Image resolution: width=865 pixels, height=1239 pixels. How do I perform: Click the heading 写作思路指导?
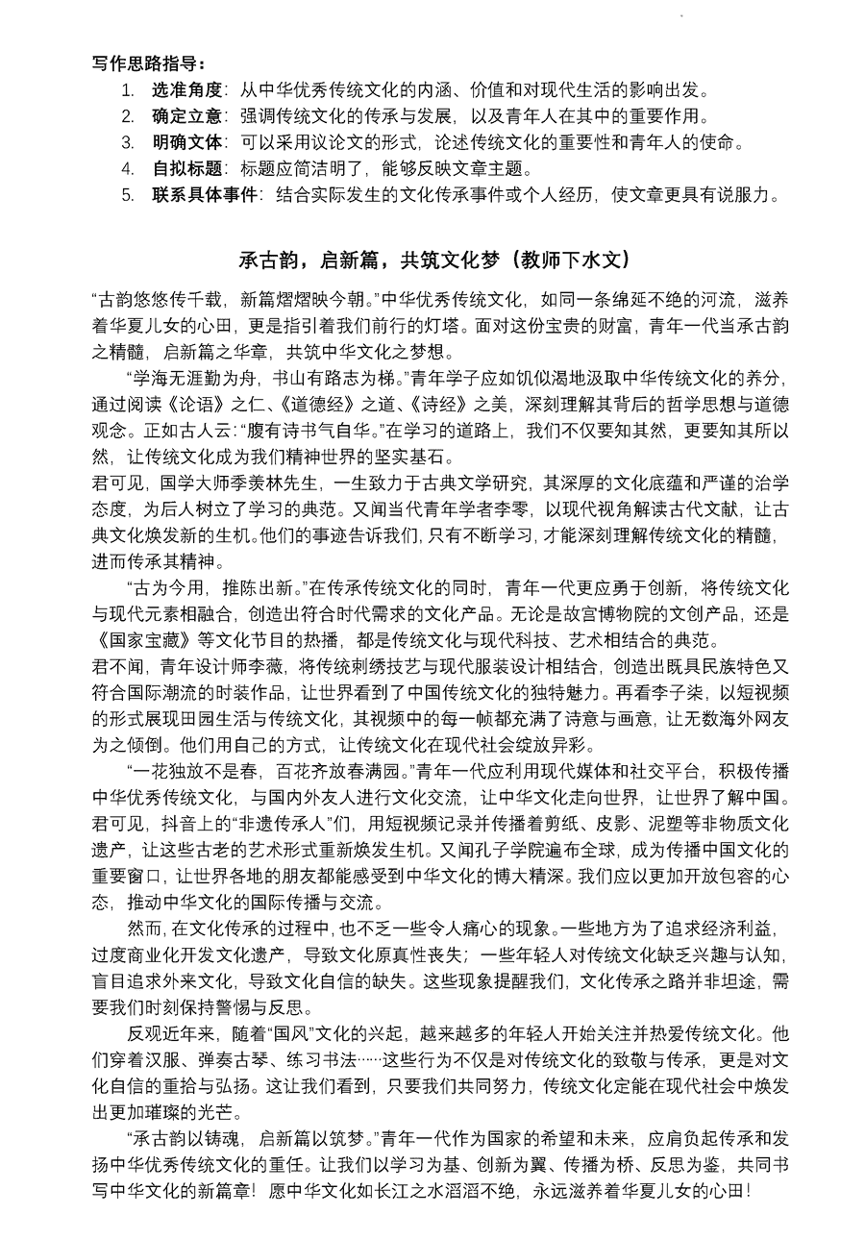[x=148, y=64]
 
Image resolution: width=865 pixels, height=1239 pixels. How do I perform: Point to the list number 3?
[x=128, y=143]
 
